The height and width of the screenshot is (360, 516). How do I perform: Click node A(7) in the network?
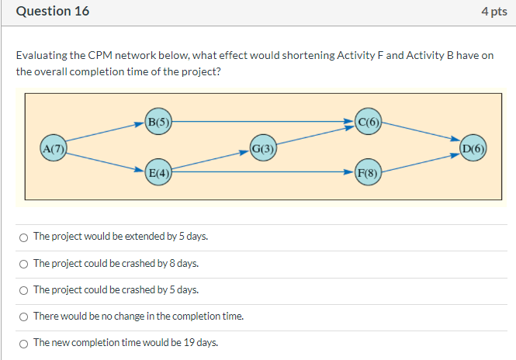[54, 147]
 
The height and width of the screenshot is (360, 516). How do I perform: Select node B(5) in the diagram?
[158, 121]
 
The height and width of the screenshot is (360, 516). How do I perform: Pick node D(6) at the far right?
[473, 147]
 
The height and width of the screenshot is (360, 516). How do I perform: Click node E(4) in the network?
[158, 172]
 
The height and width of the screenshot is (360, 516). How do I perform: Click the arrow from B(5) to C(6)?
[264, 121]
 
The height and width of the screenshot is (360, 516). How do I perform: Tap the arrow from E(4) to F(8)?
[264, 172]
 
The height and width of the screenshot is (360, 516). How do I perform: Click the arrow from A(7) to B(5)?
[105, 134]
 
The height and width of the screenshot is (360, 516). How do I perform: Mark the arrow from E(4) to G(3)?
[211, 160]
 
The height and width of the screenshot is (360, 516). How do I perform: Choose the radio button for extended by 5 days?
[24, 237]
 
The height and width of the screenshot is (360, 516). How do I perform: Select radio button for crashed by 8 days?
[24, 263]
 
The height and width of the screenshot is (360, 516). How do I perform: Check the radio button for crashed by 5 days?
[24, 289]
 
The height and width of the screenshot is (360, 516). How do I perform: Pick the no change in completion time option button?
[24, 316]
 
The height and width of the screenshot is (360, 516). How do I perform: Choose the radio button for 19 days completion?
[24, 342]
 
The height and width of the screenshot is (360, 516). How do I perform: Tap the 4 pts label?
[493, 12]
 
